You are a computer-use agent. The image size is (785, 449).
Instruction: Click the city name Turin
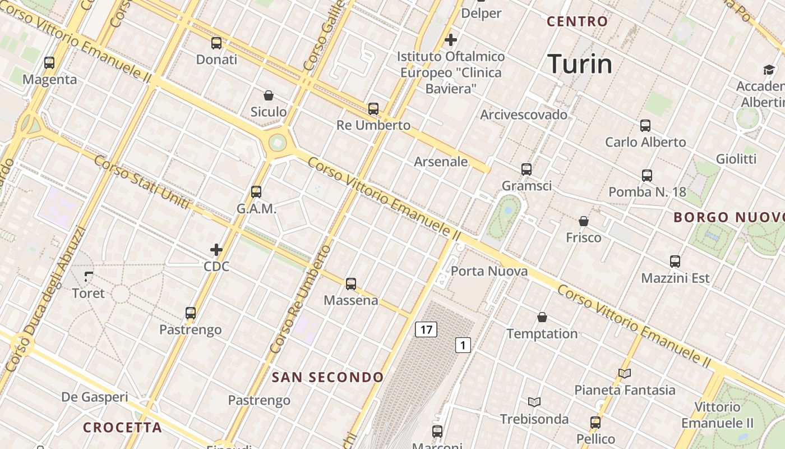(x=580, y=64)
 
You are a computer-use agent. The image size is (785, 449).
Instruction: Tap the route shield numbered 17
(x=426, y=329)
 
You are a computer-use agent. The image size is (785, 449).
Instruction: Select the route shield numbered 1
(x=463, y=345)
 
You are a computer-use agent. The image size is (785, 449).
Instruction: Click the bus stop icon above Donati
(x=216, y=43)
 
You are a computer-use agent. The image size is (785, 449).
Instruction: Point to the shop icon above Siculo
(x=269, y=95)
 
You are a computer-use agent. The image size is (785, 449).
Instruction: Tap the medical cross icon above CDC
(x=216, y=250)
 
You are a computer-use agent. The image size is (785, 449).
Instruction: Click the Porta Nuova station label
(x=489, y=272)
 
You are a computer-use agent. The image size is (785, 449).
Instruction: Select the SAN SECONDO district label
(x=328, y=377)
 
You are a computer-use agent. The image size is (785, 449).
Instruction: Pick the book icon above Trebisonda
(x=534, y=402)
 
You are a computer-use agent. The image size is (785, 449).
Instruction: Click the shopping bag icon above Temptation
(x=542, y=317)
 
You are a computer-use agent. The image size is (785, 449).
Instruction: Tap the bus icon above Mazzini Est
(x=675, y=262)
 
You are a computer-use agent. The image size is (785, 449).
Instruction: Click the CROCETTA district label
(x=122, y=428)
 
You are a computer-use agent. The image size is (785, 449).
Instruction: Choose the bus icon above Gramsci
(x=526, y=169)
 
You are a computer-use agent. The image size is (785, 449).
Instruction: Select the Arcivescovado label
(x=524, y=115)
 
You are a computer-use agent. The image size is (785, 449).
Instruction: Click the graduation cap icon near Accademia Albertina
(x=768, y=70)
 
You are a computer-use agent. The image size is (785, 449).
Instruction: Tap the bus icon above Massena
(x=351, y=284)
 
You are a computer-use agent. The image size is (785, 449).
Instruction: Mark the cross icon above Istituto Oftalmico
(x=450, y=40)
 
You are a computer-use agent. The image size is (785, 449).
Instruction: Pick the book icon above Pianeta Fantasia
(x=625, y=373)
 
